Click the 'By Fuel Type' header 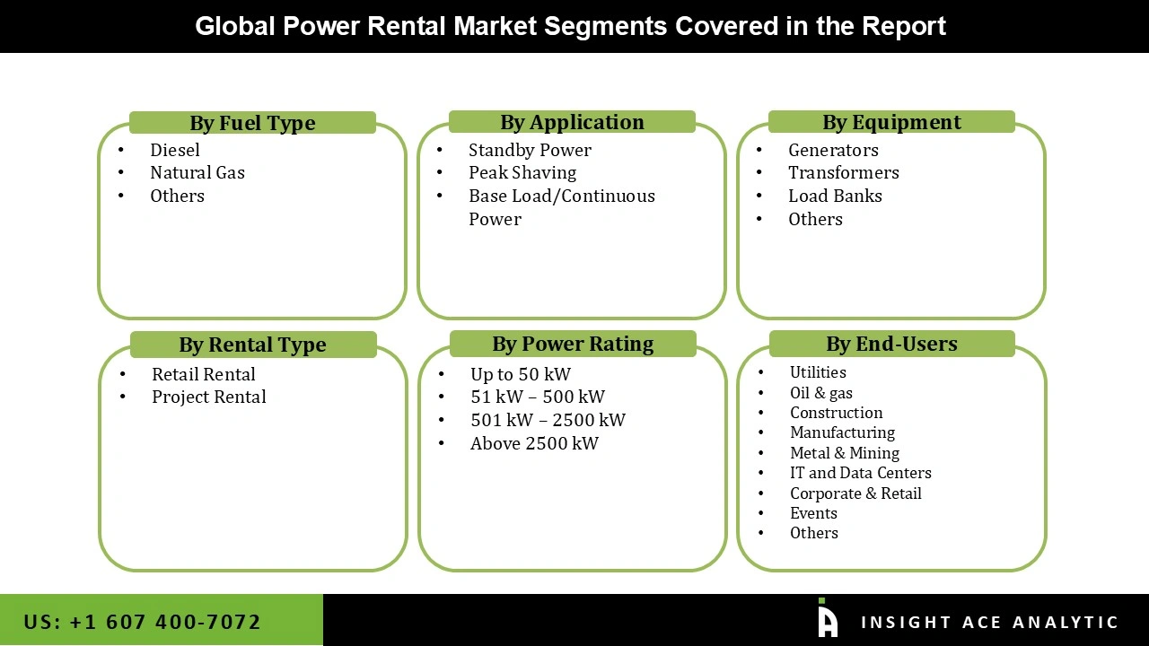(252, 123)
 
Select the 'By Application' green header (572, 122)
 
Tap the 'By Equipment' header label (891, 122)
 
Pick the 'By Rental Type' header (252, 345)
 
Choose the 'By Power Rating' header (573, 344)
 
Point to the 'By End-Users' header (891, 344)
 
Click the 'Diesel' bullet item (175, 150)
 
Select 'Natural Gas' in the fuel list (197, 172)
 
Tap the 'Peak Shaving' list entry (522, 172)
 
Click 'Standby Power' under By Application (530, 150)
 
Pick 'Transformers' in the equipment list (844, 172)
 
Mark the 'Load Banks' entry (835, 196)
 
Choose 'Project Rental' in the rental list (209, 397)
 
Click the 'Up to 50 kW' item (521, 374)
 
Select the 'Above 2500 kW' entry (534, 443)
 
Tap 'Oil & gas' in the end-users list (821, 393)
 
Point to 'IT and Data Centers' (861, 473)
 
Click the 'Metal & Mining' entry (845, 453)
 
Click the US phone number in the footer (143, 622)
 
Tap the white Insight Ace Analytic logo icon (827, 618)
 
